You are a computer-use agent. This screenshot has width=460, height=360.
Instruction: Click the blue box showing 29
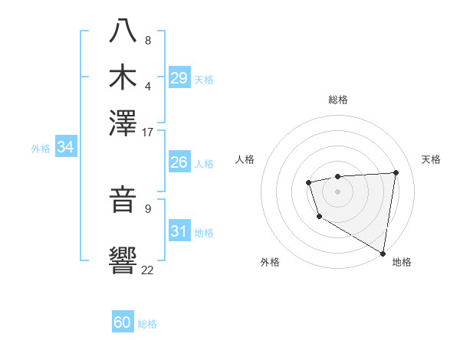(x=179, y=78)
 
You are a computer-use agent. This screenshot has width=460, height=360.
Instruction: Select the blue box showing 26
(x=179, y=162)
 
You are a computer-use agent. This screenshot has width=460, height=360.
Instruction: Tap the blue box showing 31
(x=179, y=231)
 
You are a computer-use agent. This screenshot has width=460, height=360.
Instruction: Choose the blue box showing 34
(x=65, y=148)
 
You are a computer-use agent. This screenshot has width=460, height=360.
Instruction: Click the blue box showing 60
(x=122, y=322)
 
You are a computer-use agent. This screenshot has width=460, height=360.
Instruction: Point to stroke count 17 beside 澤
(x=148, y=132)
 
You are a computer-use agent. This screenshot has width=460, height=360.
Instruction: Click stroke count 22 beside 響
(x=148, y=270)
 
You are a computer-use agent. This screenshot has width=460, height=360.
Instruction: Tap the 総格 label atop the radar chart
(x=337, y=100)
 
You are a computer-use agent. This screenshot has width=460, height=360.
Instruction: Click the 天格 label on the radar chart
(x=431, y=159)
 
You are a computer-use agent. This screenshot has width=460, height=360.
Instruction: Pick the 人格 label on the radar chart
(x=245, y=159)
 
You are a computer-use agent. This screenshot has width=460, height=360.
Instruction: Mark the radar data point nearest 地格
(x=383, y=253)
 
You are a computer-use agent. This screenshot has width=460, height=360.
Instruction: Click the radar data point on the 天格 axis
(x=396, y=172)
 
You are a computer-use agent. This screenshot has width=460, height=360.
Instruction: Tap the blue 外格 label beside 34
(x=40, y=149)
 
